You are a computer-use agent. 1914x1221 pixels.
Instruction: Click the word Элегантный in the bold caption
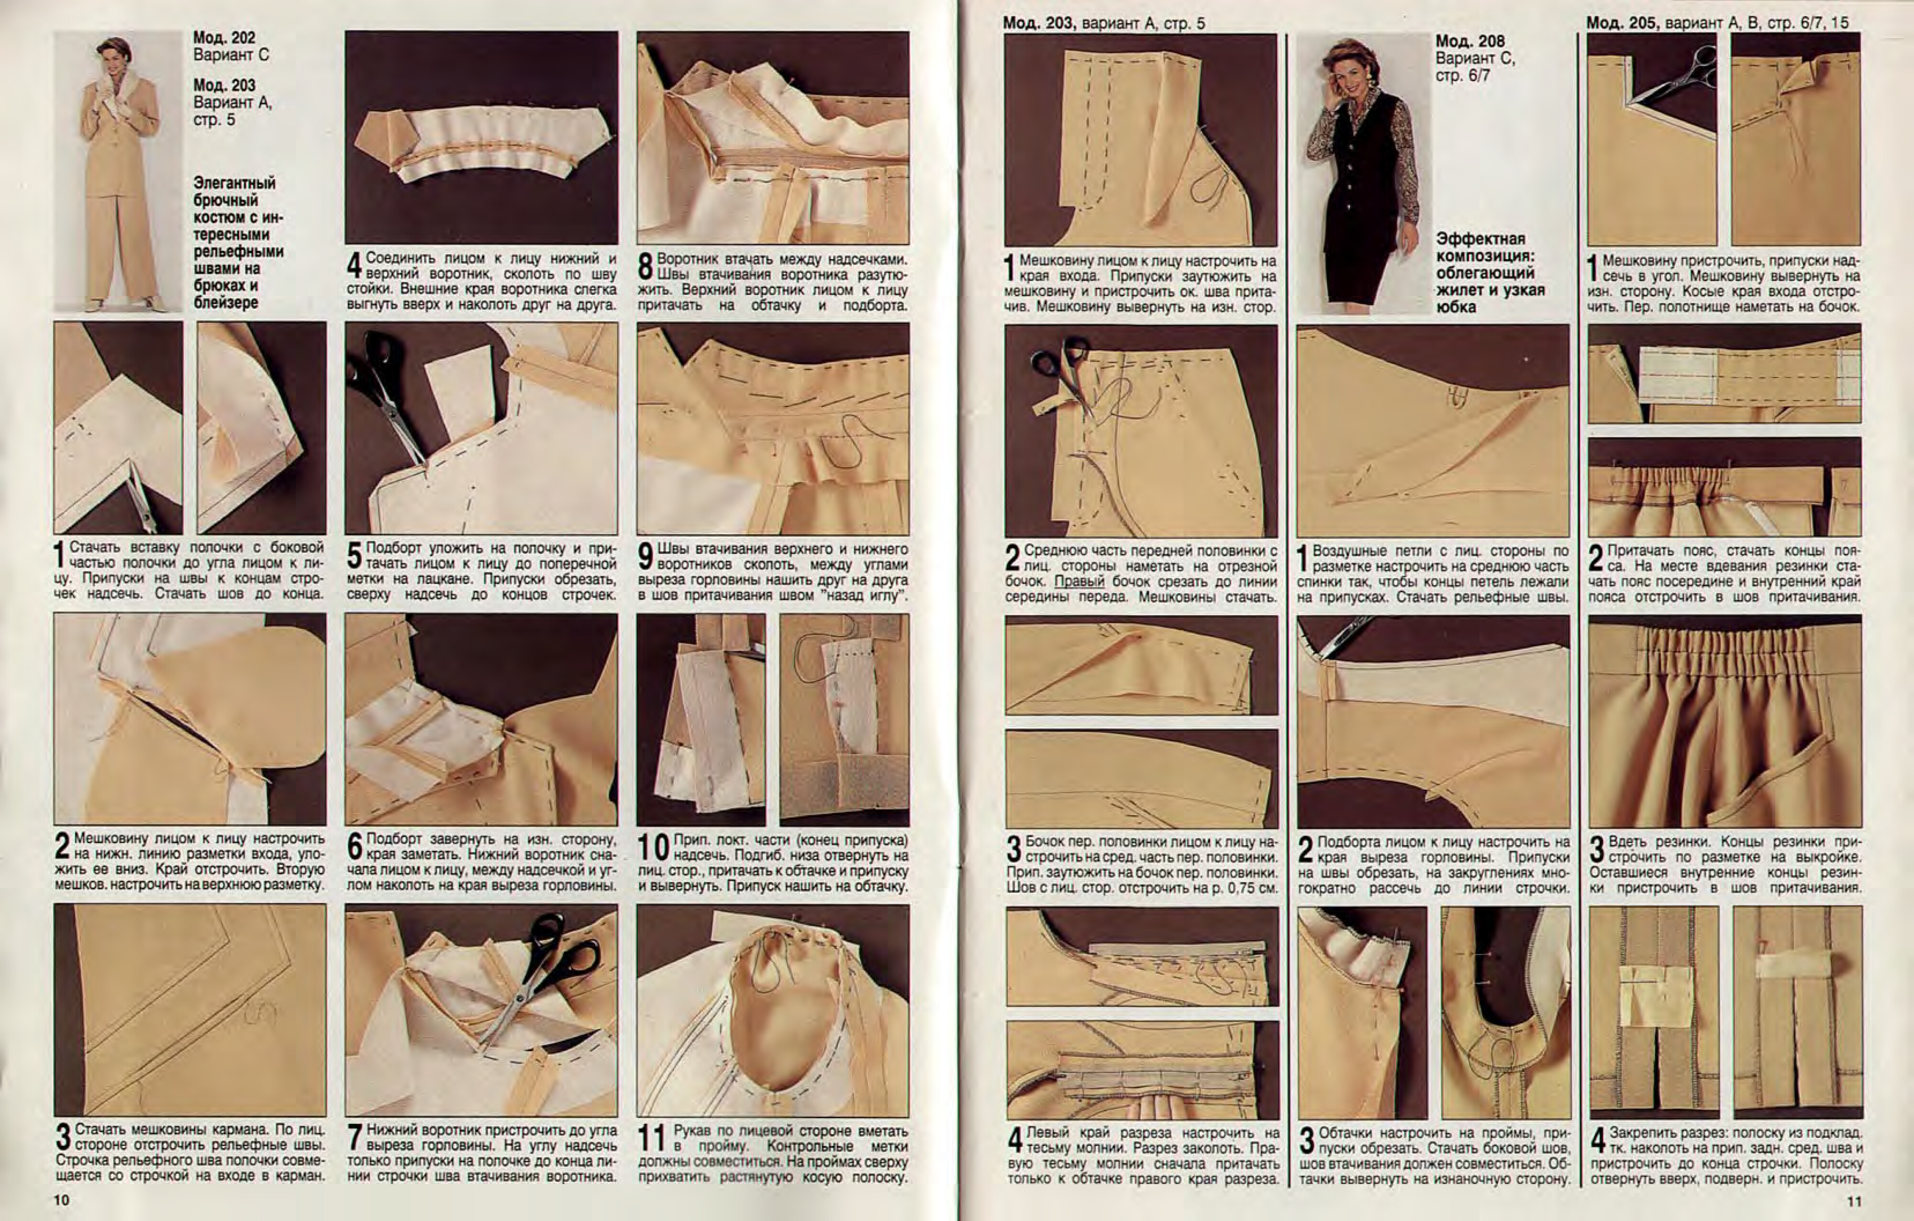coord(234,183)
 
